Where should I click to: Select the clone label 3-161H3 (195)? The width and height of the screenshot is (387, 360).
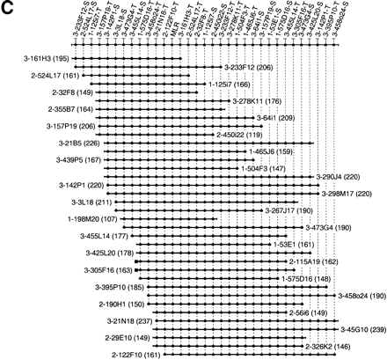32,58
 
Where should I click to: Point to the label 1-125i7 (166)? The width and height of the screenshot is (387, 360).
230,84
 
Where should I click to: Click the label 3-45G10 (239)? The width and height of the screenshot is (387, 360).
361,330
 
